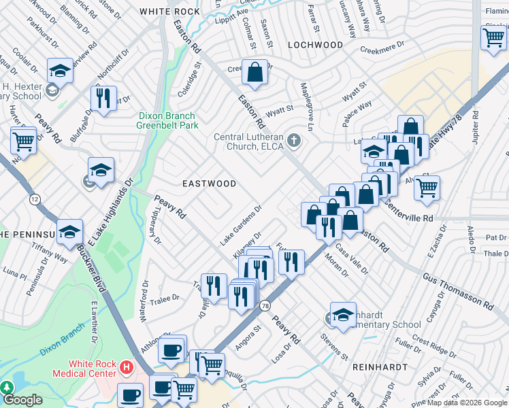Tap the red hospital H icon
tap(125, 368)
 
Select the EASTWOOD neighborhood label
tap(210, 184)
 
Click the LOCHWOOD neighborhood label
tap(315, 45)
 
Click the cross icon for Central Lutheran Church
tap(294, 141)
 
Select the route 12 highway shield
tap(35, 199)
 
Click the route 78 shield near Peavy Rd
tap(264, 306)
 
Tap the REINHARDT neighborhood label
tap(379, 367)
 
